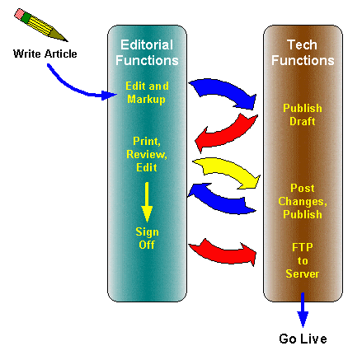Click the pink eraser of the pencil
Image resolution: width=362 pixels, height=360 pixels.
[x=20, y=13]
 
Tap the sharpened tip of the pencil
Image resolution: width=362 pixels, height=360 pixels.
[x=67, y=41]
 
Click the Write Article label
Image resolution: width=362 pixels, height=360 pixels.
[x=45, y=54]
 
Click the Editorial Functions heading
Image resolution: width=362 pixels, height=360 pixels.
[x=147, y=53]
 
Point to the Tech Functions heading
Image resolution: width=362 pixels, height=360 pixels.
[x=303, y=53]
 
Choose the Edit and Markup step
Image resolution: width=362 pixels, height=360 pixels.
[x=147, y=92]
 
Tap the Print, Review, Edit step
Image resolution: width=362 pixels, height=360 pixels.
[x=147, y=154]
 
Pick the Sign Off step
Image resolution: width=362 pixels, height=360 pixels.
[x=147, y=238]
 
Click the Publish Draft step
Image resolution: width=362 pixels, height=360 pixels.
[x=303, y=115]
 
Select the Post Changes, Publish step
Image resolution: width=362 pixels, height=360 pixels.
[x=303, y=201]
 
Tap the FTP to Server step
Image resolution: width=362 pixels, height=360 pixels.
[x=303, y=260]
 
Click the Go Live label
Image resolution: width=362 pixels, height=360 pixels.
[x=303, y=339]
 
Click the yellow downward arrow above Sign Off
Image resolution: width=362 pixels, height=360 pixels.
[x=147, y=202]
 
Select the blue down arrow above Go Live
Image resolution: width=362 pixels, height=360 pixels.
[x=303, y=310]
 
